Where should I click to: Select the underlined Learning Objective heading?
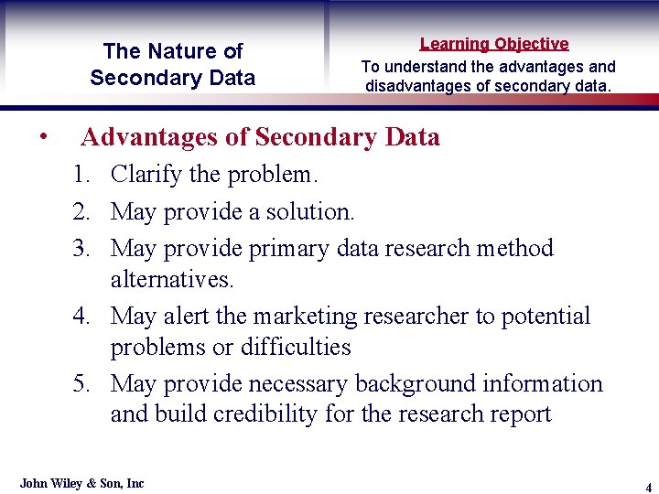494,43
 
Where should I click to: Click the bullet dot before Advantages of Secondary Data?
44,137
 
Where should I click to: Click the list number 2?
82,212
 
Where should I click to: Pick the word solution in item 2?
308,212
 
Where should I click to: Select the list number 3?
82,248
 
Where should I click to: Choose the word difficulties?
296,347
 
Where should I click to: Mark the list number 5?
82,383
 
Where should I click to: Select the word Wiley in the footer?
69,483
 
